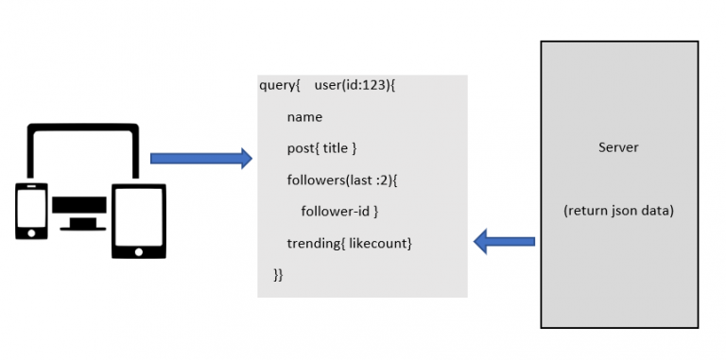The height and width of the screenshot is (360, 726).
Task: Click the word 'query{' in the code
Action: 279,86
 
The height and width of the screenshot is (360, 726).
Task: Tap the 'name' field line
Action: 304,118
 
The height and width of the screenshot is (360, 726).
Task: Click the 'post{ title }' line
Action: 321,149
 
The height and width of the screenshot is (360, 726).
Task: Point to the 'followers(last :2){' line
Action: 344,180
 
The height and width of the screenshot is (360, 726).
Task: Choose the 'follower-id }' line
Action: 339,212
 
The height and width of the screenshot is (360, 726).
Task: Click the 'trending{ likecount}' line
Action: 350,244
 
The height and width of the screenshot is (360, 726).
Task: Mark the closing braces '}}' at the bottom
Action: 278,275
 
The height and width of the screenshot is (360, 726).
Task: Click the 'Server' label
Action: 618,147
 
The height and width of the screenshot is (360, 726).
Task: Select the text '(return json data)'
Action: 618,211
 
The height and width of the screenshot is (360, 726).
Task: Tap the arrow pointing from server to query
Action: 504,242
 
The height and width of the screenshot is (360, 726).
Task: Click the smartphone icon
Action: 31,211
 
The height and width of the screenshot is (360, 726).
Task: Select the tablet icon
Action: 138,220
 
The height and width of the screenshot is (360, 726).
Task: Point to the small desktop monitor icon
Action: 79,212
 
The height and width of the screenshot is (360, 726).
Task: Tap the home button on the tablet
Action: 138,251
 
